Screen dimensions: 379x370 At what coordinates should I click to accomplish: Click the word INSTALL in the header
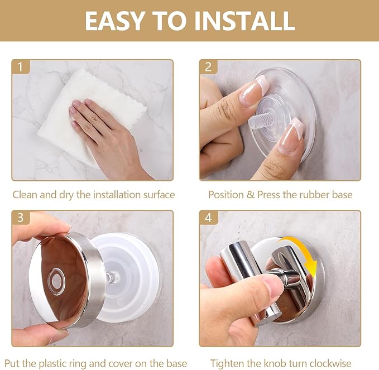click(244, 21)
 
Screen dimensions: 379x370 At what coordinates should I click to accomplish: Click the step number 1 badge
click(21, 67)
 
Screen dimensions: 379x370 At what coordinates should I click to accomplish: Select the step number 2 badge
click(208, 67)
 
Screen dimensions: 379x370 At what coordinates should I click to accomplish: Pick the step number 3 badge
click(21, 218)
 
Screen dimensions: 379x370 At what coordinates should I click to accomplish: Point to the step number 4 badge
click(208, 218)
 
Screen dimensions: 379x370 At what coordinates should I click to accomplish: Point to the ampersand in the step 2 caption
click(251, 195)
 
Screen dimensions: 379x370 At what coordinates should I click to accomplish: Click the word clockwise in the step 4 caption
click(330, 363)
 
